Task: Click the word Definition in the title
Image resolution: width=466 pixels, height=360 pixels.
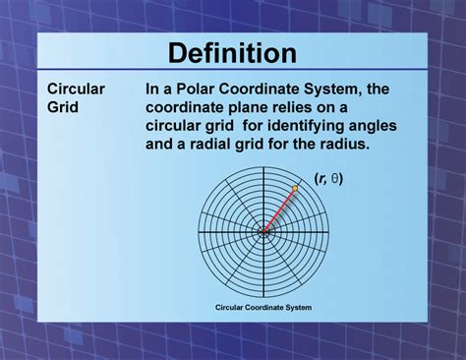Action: (232, 53)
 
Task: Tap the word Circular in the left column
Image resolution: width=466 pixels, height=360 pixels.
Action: (77, 89)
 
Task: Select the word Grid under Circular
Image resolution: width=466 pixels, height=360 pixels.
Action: (64, 105)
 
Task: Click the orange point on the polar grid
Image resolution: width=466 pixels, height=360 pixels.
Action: (295, 187)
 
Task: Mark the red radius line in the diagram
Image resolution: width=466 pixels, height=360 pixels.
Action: (279, 209)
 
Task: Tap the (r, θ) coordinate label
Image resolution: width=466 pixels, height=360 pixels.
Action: (328, 178)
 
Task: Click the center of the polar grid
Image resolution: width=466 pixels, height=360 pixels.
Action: (262, 232)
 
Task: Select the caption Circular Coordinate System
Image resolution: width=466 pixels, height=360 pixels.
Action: (263, 307)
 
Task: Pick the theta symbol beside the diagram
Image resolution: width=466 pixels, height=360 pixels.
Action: (334, 178)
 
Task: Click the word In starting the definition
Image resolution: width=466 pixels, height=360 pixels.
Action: (153, 89)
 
